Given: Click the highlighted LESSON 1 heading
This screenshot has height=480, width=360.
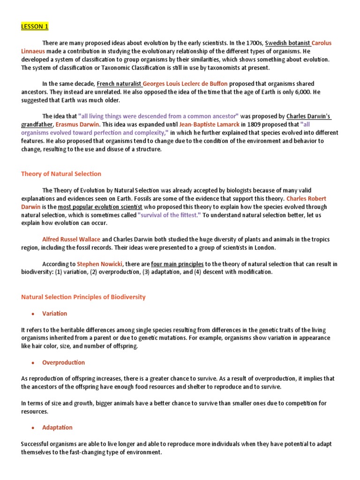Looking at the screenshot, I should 35,26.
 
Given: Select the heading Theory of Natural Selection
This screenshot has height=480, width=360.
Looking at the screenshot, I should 61,174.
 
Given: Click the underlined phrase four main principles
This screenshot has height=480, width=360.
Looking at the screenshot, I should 177,264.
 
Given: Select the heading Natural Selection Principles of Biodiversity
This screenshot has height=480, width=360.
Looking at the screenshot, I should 83,297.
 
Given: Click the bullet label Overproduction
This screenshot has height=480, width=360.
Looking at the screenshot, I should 63,362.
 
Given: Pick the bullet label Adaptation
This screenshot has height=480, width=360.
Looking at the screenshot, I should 57,427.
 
